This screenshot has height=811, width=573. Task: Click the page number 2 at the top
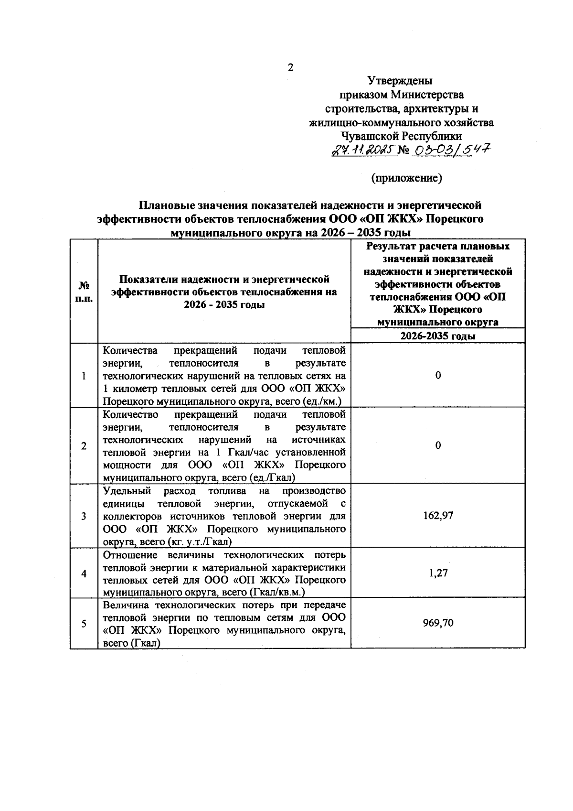coord(290,67)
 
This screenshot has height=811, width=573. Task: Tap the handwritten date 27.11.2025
coord(364,151)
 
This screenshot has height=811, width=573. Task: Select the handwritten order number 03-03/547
coord(452,151)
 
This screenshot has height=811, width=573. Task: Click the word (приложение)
coord(406,178)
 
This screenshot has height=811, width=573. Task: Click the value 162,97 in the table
coord(438,516)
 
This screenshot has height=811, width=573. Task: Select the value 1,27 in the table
coord(438,573)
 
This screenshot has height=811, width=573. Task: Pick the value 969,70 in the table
coord(438,623)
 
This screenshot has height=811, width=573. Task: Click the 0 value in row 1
coord(438,376)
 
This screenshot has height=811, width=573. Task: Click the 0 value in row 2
coord(438,445)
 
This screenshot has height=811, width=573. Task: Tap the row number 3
coord(84,516)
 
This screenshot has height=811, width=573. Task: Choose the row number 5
coord(84,624)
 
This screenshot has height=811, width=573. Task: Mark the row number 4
coord(84,573)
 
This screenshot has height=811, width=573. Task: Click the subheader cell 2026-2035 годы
coord(438,336)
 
